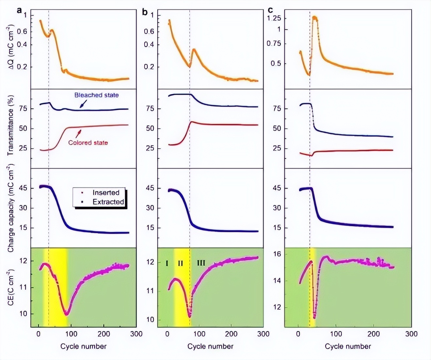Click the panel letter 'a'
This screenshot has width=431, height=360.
[x=20, y=10]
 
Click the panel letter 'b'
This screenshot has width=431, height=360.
[x=145, y=12]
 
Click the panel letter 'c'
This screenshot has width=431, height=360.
[x=270, y=10]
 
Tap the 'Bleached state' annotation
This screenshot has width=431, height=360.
[x=96, y=95]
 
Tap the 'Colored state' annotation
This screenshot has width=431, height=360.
[x=88, y=143]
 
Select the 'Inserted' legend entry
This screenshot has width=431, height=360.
[x=105, y=192]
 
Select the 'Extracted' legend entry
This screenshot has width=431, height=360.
[x=108, y=202]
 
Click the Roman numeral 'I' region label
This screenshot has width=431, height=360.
[x=167, y=263]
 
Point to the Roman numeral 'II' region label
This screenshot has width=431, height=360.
[x=181, y=263]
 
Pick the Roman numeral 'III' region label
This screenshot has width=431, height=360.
[x=201, y=263]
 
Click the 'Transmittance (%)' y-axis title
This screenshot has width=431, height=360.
[x=11, y=125]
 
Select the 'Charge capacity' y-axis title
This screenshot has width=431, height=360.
[x=11, y=209]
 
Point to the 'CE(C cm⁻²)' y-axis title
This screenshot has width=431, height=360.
[x=11, y=287]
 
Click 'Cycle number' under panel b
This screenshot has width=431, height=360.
[x=210, y=346]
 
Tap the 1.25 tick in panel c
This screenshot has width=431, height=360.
[x=274, y=18]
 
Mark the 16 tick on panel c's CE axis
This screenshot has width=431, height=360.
[x=277, y=254]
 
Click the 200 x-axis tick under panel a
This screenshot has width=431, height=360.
[x=104, y=334]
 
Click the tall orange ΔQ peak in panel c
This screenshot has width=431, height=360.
[x=315, y=18]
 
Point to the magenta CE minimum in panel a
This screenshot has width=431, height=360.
[x=66, y=314]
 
